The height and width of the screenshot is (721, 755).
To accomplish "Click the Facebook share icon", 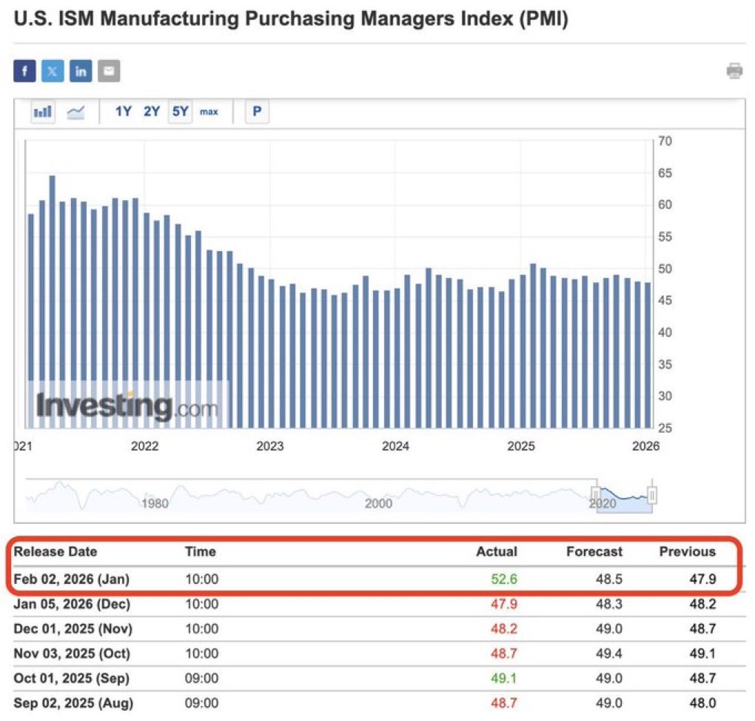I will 24,71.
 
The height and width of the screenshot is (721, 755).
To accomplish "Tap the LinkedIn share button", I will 81,71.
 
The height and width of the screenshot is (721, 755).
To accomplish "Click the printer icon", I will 734,71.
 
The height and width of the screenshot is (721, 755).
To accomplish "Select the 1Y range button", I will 123,112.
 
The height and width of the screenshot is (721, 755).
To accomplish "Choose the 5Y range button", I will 181,112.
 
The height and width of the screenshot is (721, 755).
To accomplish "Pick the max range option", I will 209,112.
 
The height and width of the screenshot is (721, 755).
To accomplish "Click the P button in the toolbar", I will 257,112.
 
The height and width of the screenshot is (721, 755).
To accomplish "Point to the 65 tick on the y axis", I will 664,173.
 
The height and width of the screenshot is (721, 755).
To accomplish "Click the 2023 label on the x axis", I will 269,446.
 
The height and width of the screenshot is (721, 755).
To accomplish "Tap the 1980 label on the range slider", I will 154,504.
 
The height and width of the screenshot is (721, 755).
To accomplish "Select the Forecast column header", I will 594,551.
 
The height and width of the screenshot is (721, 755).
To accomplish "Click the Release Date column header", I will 56,551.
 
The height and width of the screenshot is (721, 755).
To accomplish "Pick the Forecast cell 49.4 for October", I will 609,654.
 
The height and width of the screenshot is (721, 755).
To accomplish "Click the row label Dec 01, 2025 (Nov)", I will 72,628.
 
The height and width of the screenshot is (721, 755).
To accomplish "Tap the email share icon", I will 109,71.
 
